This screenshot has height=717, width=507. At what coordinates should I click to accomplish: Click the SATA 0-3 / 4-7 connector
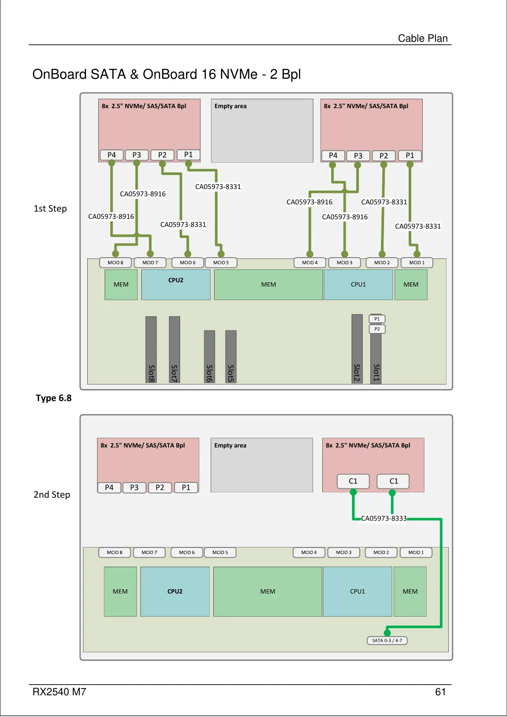click(387, 640)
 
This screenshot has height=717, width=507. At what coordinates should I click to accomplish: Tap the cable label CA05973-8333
click(384, 518)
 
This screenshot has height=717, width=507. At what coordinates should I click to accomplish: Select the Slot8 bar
click(151, 350)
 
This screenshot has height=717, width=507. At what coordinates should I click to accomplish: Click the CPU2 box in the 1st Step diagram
click(176, 284)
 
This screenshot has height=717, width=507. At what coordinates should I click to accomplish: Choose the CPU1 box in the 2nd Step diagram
click(358, 591)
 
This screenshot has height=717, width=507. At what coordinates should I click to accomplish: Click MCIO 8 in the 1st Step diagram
click(115, 263)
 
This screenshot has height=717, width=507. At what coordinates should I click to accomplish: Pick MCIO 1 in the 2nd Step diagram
click(416, 552)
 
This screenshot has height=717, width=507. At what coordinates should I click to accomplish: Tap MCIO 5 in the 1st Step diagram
click(221, 263)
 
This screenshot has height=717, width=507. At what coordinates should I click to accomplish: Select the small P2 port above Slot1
click(377, 329)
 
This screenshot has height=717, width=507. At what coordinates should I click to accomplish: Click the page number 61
click(440, 692)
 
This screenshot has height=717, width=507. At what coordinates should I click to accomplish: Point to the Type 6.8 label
click(54, 398)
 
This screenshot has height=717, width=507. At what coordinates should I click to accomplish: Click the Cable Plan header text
click(423, 38)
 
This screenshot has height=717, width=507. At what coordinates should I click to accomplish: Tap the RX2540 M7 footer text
click(59, 692)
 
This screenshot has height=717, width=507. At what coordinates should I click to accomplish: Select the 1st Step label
click(50, 209)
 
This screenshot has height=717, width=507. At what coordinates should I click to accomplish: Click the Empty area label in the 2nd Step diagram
click(230, 445)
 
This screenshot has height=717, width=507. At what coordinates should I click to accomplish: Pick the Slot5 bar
click(231, 357)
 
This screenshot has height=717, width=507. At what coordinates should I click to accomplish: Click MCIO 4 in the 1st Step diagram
click(309, 263)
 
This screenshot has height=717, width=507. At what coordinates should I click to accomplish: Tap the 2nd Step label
click(52, 495)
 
